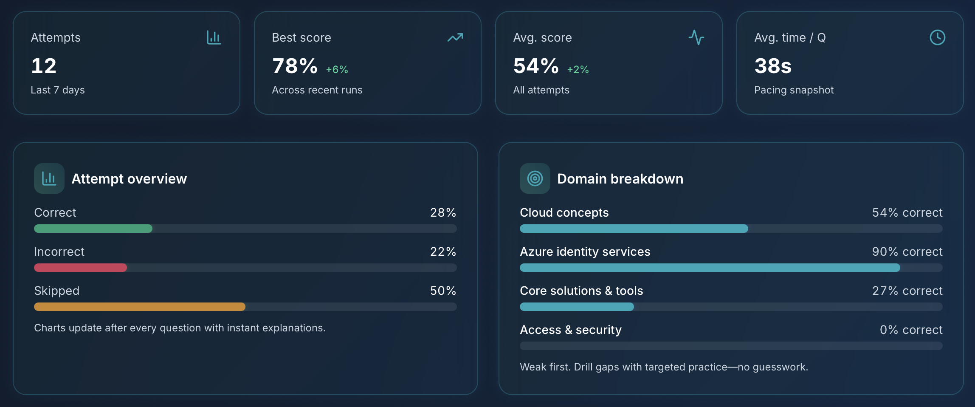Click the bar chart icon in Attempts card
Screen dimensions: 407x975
point(214,37)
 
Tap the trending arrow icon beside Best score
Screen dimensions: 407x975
point(455,37)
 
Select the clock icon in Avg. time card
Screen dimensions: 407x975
point(937,37)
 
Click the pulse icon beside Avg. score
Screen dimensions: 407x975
point(696,37)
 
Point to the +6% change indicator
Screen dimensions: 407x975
point(337,69)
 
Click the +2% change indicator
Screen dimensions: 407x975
point(578,69)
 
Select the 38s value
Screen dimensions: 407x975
point(773,66)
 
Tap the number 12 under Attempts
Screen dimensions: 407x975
point(44,66)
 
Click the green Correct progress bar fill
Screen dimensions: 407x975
point(93,229)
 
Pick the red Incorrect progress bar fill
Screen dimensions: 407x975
point(80,268)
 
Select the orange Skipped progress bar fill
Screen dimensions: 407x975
point(139,307)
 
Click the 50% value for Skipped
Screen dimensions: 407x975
point(443,291)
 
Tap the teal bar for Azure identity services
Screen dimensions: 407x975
point(710,268)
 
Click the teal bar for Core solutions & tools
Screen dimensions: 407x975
point(577,307)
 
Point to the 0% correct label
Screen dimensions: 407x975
point(911,330)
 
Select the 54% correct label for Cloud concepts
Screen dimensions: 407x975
point(907,212)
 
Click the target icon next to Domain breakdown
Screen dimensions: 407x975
point(535,178)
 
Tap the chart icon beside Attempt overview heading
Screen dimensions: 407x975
point(49,178)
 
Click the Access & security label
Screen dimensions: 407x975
point(570,330)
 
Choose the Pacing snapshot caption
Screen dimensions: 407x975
point(794,90)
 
